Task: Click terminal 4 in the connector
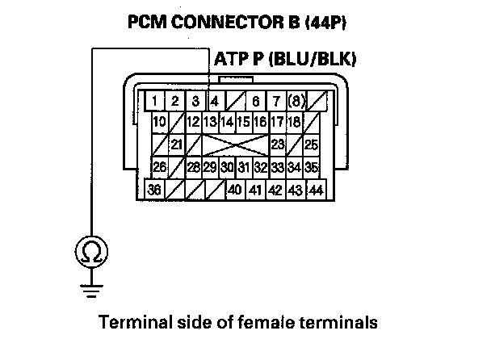213,102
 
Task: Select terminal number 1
153,102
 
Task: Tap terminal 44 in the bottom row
316,190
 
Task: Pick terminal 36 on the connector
153,190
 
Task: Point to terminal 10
160,123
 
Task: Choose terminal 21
176,144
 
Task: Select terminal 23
277,144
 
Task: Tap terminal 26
160,167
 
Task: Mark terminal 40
234,190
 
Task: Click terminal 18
293,123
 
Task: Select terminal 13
210,123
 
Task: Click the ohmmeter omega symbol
94,253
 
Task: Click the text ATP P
237,60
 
